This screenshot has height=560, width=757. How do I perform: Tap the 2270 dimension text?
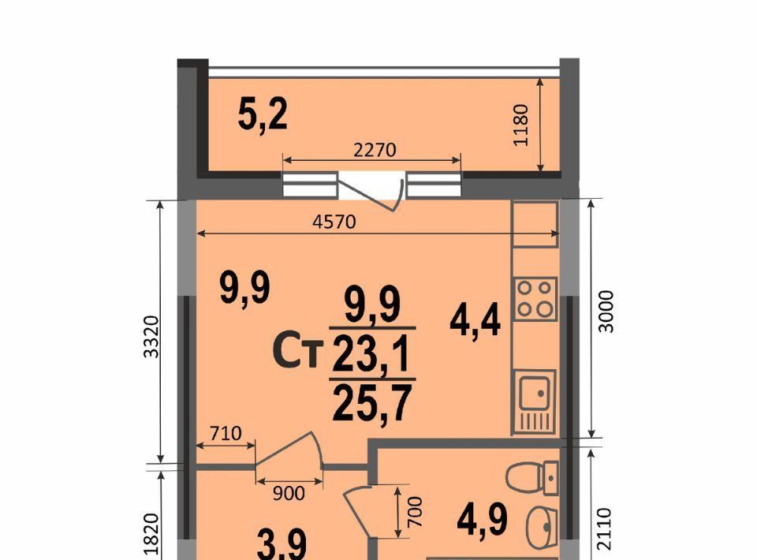[x=375, y=150]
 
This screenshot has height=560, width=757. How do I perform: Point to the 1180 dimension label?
[x=522, y=125]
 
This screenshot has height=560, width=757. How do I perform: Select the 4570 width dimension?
[x=334, y=222]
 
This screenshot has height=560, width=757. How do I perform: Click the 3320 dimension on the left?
[x=151, y=337]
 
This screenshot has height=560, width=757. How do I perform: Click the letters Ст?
[x=298, y=352]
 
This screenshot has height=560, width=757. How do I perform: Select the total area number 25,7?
[x=372, y=405]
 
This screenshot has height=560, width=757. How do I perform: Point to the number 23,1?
[x=371, y=354]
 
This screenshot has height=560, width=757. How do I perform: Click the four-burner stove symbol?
[x=535, y=299]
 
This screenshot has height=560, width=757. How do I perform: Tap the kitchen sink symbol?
[x=535, y=401]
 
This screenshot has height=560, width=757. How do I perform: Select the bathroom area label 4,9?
[x=483, y=520]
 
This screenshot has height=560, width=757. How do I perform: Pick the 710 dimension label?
[x=226, y=433]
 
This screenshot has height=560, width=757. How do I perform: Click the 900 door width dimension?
[x=289, y=494]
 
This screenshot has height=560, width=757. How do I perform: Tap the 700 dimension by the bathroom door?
[x=416, y=512]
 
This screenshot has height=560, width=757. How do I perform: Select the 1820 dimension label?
[x=151, y=535]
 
